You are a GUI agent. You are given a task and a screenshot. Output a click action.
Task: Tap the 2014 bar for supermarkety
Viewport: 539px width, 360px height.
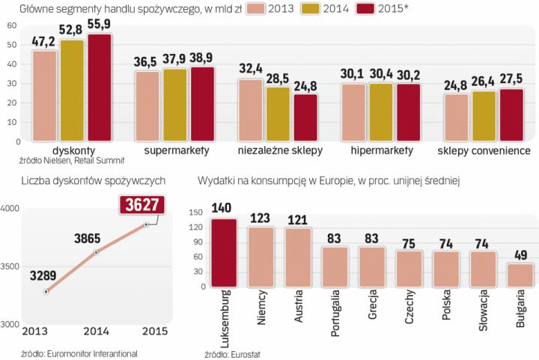tap(175, 105)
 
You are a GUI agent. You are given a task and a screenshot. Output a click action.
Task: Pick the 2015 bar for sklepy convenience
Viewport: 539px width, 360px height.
tap(511, 115)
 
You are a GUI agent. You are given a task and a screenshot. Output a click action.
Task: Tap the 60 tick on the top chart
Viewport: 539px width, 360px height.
tap(11, 25)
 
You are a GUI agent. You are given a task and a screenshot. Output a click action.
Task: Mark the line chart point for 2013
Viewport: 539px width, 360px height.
tap(46, 292)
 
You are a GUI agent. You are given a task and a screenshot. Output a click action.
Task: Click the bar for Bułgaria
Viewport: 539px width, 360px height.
tap(519, 274)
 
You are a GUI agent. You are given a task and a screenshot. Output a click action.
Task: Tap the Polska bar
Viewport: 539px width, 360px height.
tap(445, 269)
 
